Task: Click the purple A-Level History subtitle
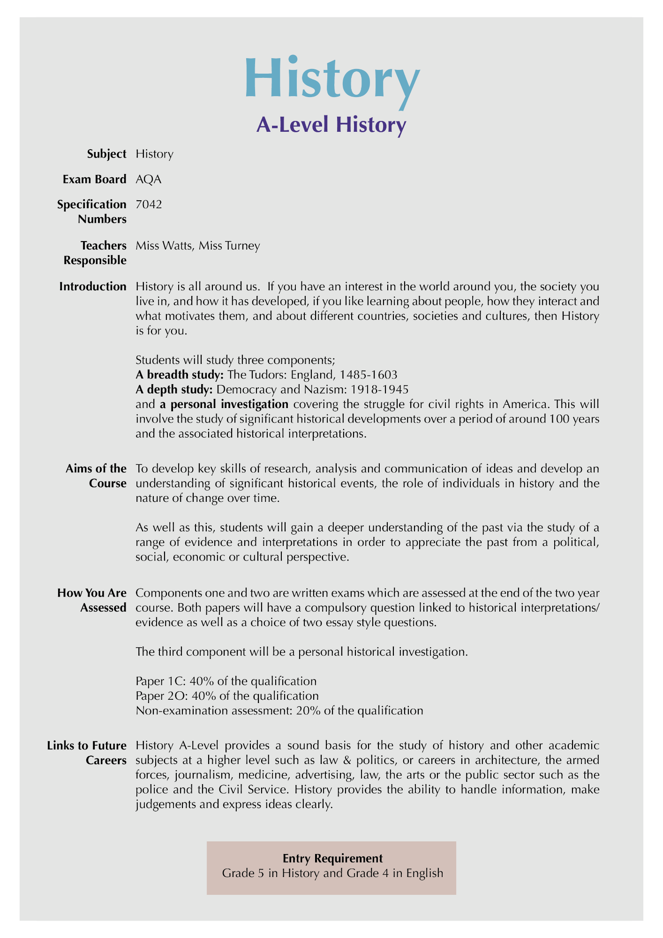(331, 125)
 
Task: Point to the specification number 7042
(149, 204)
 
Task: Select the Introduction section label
(93, 287)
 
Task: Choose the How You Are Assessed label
(92, 600)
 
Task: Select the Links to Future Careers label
(87, 753)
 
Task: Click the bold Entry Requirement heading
(332, 858)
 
